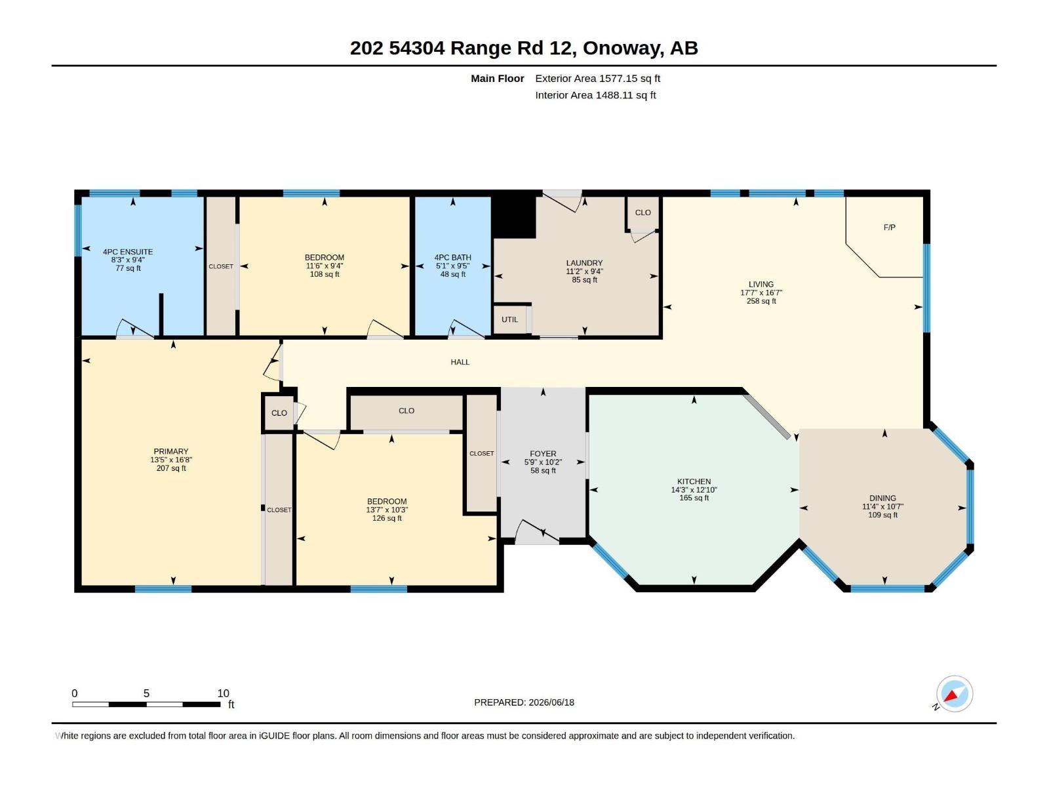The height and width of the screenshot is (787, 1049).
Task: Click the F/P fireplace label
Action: (x=889, y=228)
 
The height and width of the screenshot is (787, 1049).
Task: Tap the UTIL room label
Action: (x=509, y=319)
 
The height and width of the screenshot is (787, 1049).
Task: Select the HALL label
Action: (x=460, y=362)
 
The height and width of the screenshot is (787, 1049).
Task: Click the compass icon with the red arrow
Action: (x=954, y=693)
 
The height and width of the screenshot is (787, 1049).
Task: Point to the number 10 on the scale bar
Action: (x=223, y=693)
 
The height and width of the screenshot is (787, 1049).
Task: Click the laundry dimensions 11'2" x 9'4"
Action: (x=584, y=272)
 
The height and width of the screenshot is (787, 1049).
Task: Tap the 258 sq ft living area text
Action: (x=761, y=301)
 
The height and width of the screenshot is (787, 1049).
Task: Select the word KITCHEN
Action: (x=694, y=481)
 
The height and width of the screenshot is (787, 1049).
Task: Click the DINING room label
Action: (x=882, y=498)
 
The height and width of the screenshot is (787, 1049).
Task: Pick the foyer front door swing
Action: (x=536, y=531)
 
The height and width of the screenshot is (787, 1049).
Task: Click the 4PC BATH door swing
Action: (x=466, y=329)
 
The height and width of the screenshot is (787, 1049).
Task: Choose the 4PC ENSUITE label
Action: (x=128, y=252)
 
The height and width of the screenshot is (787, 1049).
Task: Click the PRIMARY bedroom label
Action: (x=170, y=451)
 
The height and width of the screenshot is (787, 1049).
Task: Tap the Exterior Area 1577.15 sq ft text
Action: (x=597, y=78)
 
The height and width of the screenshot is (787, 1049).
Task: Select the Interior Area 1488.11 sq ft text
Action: (x=595, y=95)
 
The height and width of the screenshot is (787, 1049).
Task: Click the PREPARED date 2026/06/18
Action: (x=551, y=702)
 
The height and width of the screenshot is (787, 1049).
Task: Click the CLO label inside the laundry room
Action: (x=643, y=212)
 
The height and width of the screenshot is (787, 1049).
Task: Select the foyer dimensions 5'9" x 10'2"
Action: (x=542, y=462)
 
